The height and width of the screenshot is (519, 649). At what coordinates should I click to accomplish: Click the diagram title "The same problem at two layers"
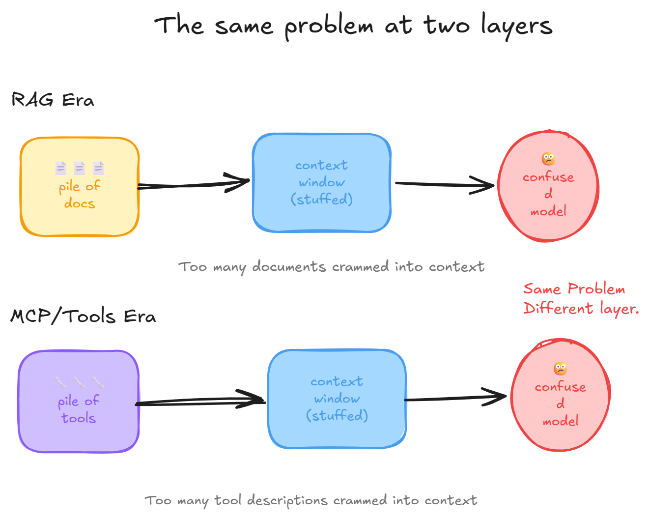pos(353,26)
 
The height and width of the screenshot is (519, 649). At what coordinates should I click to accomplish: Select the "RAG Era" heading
pos(53,100)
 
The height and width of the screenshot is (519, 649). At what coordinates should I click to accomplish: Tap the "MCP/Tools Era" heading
pos(83,316)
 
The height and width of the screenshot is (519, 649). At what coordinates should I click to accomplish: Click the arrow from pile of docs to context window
pos(194,185)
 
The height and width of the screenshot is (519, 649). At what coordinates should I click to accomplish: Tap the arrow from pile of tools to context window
pos(200,402)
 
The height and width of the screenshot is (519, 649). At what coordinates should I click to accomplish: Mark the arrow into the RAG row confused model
pos(445,184)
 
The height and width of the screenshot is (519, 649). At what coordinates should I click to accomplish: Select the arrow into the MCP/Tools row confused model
pos(455,399)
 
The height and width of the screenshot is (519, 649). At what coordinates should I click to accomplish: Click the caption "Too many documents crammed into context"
pos(331,267)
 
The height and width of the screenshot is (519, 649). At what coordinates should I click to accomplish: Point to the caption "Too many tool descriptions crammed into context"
pos(310,500)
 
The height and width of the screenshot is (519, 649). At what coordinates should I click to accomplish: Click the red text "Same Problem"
pos(574,288)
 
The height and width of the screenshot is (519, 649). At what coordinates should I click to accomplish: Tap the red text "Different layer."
pos(581,308)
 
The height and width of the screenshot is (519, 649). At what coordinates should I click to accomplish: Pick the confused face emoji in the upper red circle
pos(548,159)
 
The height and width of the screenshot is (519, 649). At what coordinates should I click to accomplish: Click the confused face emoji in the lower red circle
pos(561,369)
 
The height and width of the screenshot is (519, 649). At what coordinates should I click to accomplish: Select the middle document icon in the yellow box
pos(80,168)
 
